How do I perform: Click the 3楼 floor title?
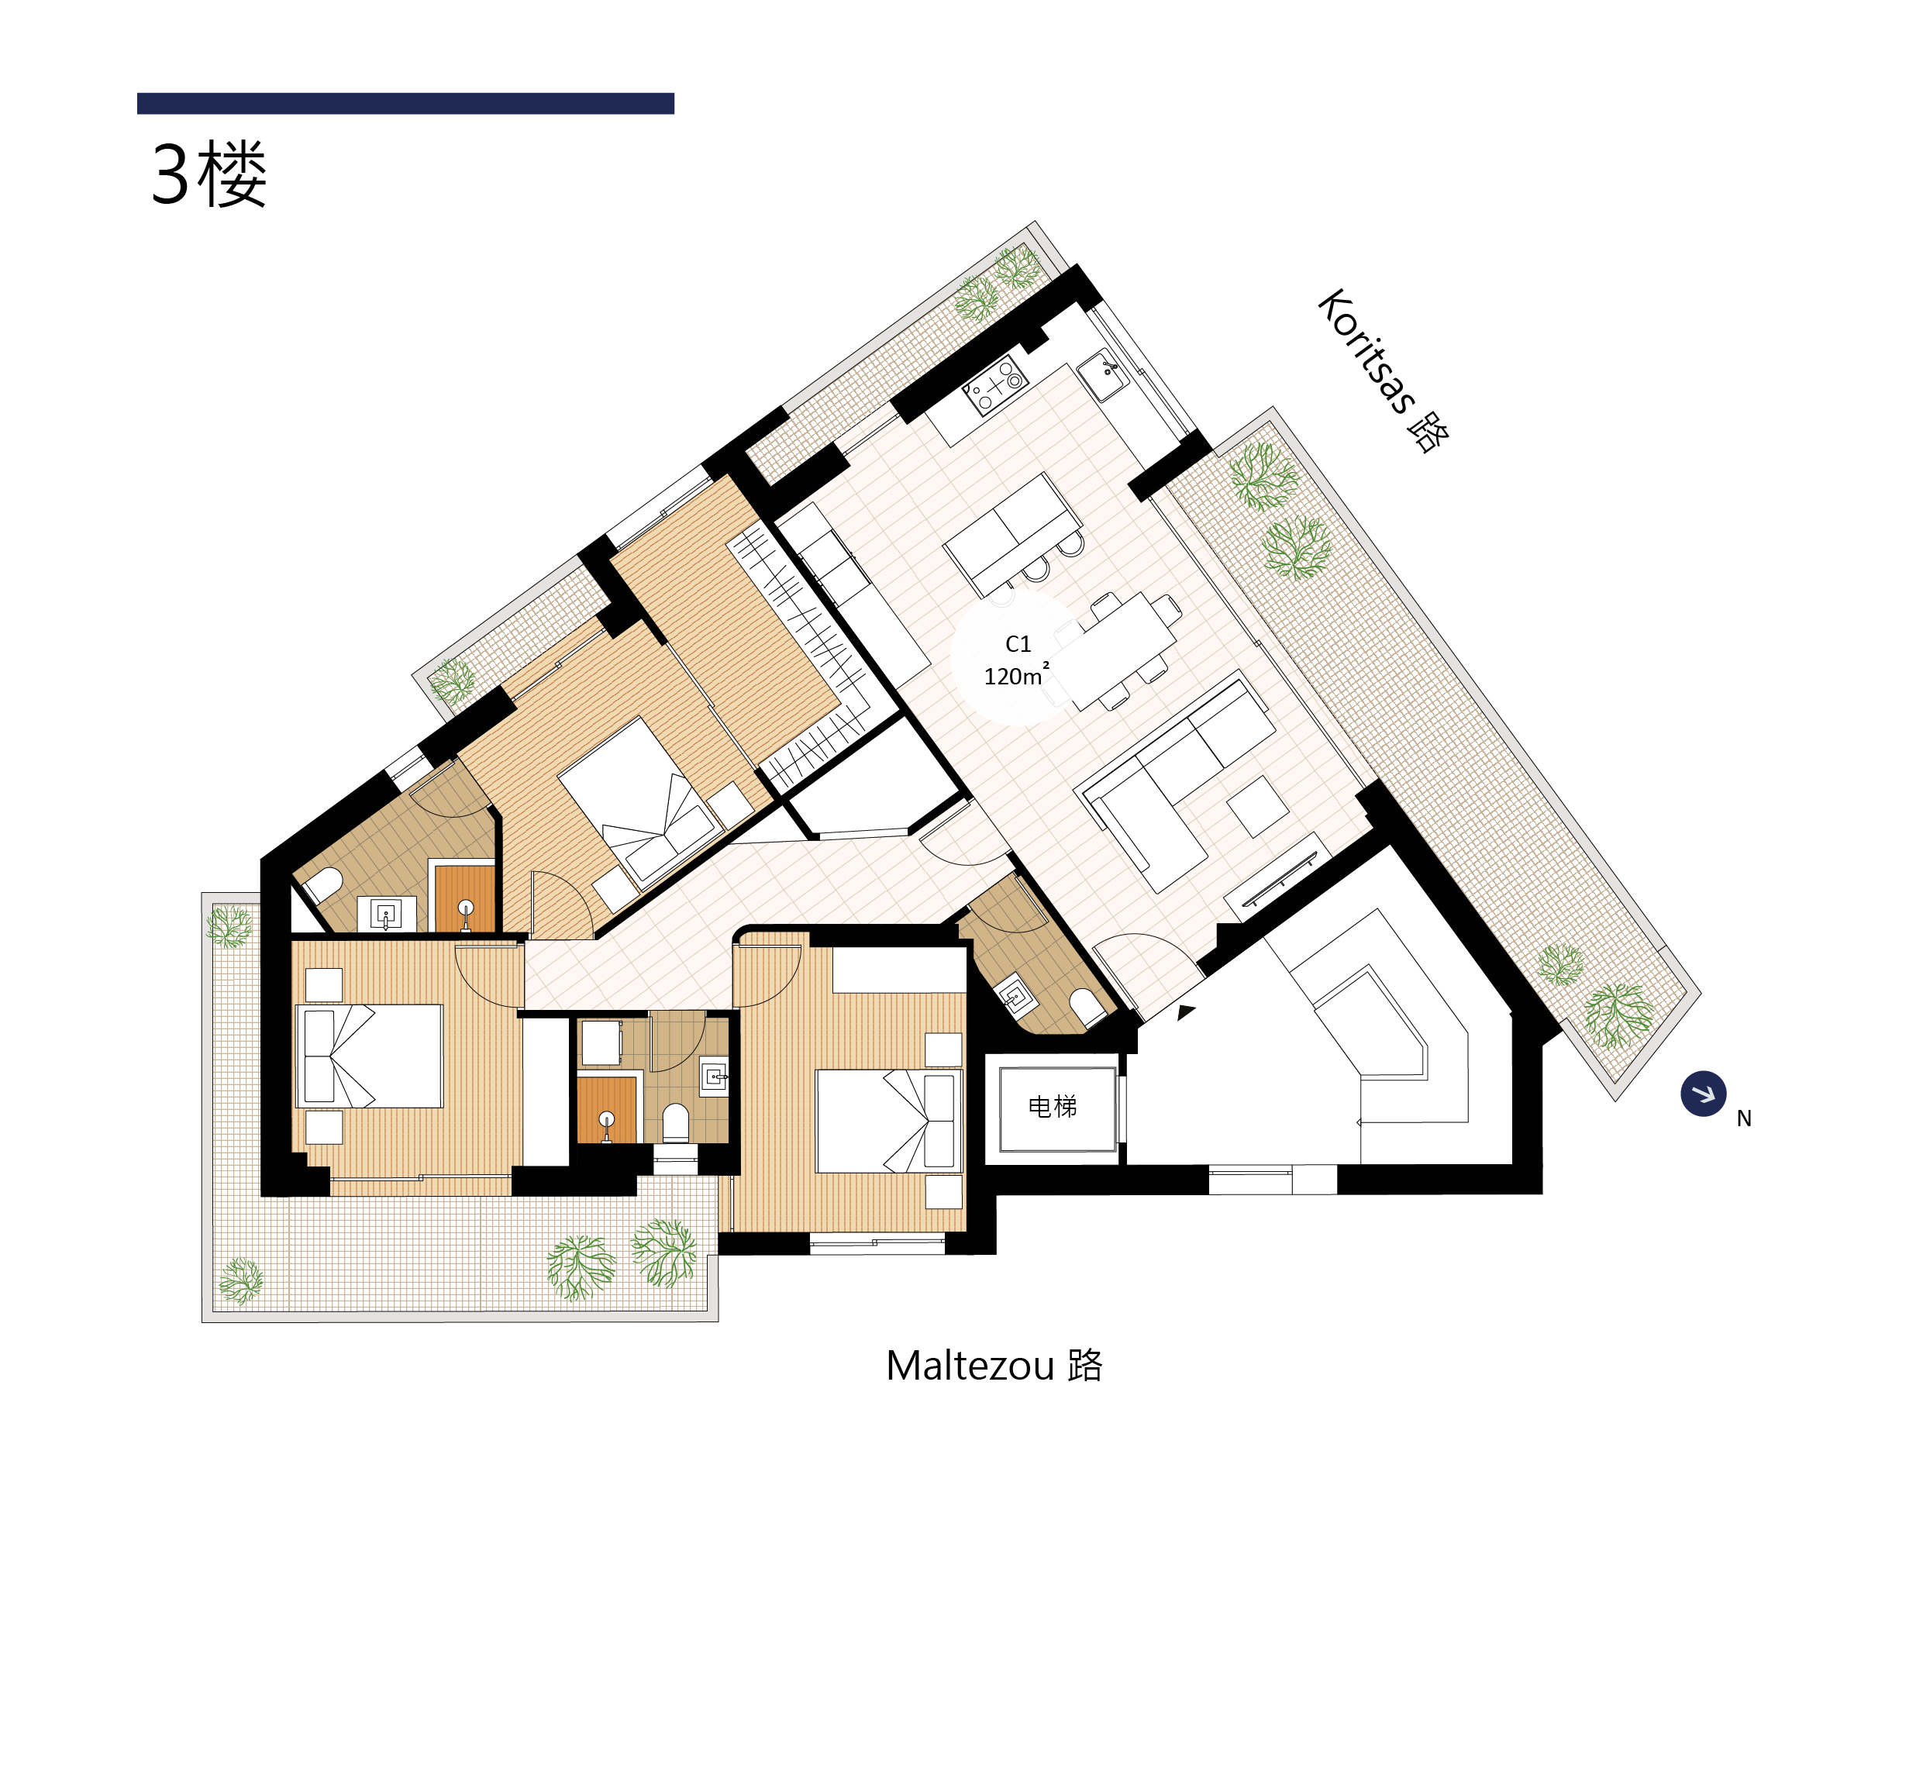tap(208, 174)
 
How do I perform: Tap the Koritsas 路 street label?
tap(1382, 370)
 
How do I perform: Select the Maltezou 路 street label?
tap(994, 1366)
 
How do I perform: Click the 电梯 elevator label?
tap(1052, 1106)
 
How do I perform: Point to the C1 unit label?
tap(1018, 644)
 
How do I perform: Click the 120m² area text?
tap(1016, 675)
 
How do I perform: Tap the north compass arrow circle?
tap(1703, 1094)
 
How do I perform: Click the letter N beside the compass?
tap(1743, 1118)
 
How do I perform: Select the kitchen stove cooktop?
tap(994, 384)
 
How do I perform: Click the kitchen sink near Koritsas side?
tap(1102, 376)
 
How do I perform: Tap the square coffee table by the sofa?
tap(1256, 805)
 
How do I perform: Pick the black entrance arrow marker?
tap(1186, 1011)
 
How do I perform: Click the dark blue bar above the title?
tap(405, 103)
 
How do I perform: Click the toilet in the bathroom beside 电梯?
tap(1087, 1008)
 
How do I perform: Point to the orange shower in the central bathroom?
tap(607, 1110)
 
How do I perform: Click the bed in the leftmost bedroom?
tap(369, 1056)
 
